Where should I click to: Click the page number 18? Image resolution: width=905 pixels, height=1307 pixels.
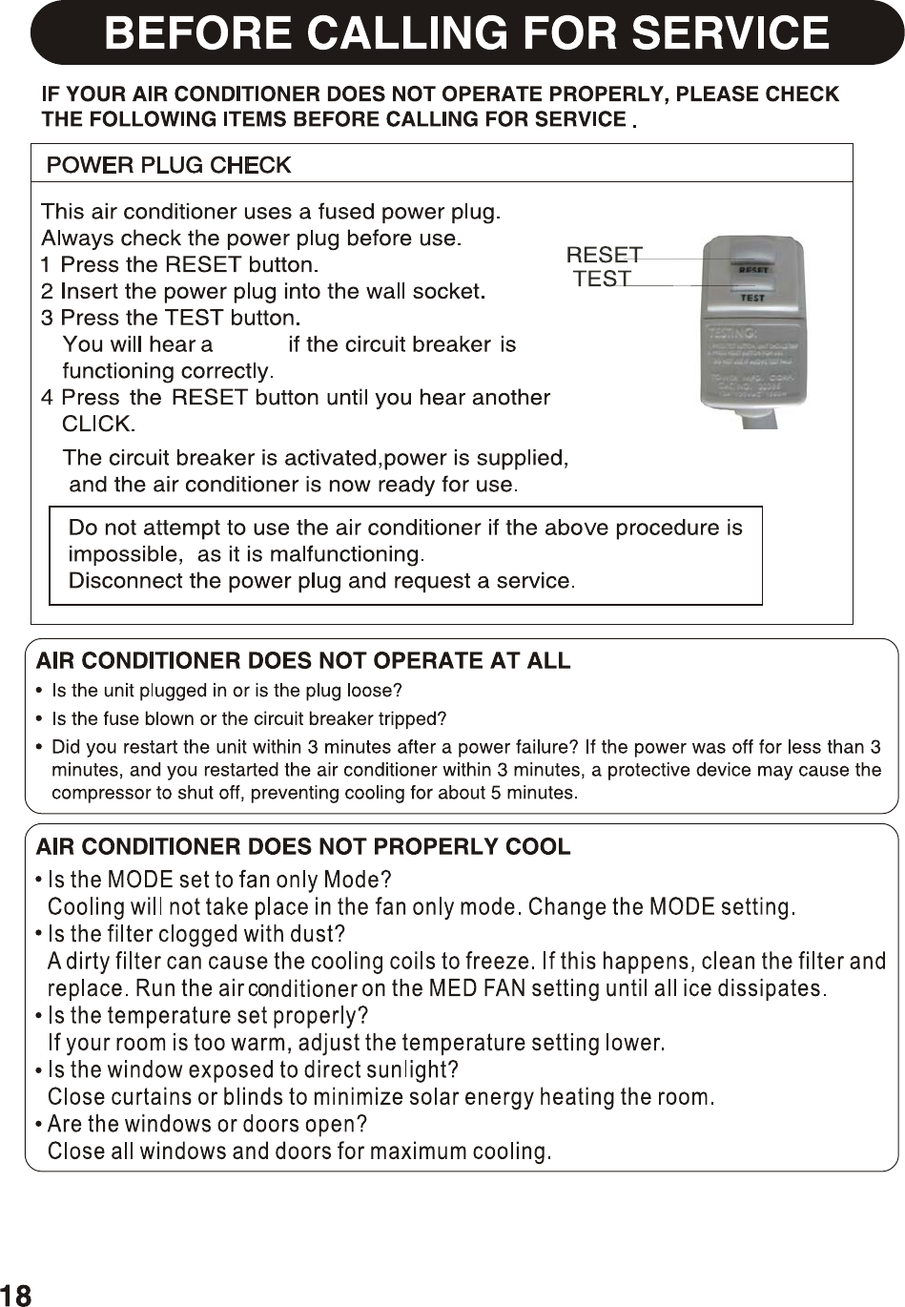click(16, 1295)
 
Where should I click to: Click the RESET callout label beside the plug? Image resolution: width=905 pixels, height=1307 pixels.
click(604, 255)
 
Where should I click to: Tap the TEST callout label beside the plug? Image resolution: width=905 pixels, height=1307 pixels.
click(602, 279)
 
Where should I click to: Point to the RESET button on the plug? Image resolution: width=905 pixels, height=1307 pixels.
click(753, 269)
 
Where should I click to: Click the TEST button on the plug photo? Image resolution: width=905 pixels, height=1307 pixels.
click(752, 297)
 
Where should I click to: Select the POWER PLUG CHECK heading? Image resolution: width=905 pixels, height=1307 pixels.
click(169, 165)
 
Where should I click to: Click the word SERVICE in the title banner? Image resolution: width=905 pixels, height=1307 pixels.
click(730, 33)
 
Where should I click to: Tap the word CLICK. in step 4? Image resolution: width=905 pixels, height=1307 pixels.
click(98, 424)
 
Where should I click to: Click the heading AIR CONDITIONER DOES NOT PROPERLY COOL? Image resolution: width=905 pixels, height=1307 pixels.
click(303, 846)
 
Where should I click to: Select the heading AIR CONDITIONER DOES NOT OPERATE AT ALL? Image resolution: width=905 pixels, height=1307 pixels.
click(303, 660)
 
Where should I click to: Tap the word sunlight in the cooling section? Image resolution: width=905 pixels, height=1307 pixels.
click(407, 1069)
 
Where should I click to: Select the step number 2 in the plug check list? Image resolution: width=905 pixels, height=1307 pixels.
click(47, 291)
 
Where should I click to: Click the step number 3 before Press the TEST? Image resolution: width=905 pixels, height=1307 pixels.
click(47, 318)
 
